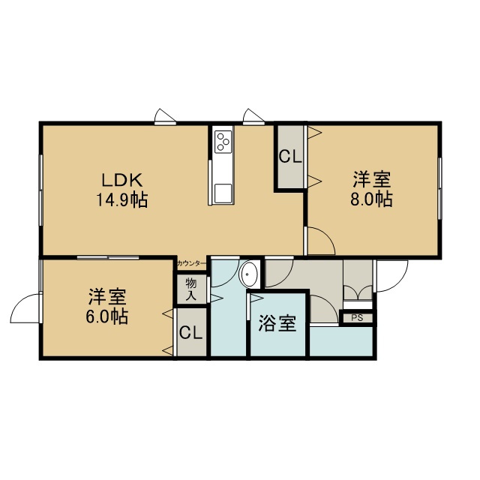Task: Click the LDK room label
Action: click(121, 180)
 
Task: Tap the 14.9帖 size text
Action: click(122, 200)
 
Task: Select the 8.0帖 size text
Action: click(371, 199)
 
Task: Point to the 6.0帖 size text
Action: click(106, 316)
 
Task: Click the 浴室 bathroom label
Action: click(277, 323)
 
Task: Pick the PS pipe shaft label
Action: click(357, 318)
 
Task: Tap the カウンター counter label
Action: click(190, 263)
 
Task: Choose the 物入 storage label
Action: click(191, 289)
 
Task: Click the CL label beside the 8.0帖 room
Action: click(290, 157)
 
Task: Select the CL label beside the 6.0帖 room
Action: click(190, 333)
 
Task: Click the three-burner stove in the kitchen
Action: click(223, 142)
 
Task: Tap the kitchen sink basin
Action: click(223, 193)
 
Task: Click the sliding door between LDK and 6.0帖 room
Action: click(108, 257)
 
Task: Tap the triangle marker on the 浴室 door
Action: click(256, 298)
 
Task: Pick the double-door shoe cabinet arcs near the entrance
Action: click(358, 292)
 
